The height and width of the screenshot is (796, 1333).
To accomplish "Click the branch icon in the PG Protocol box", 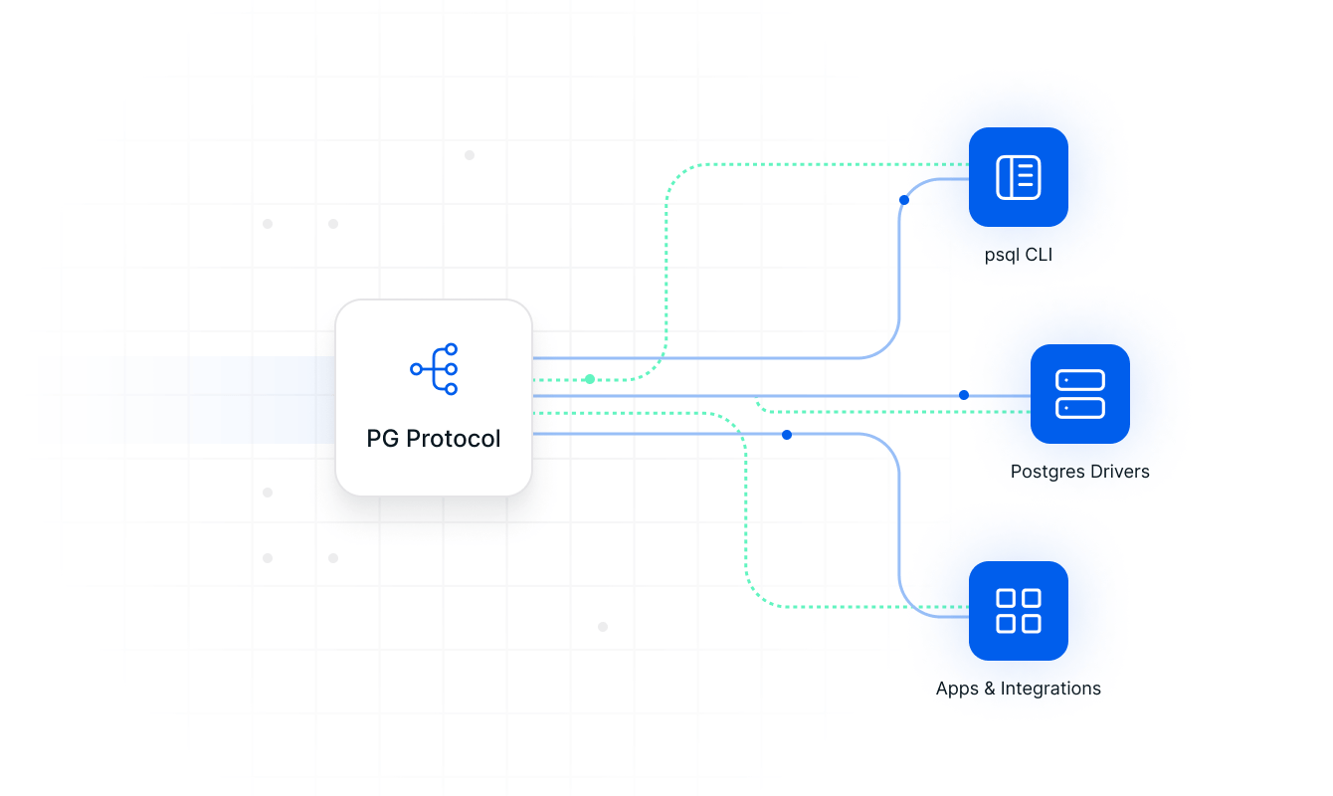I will [x=435, y=369].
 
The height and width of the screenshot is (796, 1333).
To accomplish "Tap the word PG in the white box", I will [x=383, y=439].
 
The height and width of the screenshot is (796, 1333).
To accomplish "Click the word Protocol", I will [x=454, y=439].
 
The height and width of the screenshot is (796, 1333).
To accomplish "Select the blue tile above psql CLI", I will [x=1018, y=177].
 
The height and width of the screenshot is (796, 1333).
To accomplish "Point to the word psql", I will [x=1002, y=256].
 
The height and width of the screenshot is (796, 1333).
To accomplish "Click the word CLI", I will [x=1039, y=255].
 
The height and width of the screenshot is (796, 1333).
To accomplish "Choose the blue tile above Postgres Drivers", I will [x=1079, y=394].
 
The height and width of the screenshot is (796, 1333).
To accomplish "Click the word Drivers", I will [x=1119, y=472].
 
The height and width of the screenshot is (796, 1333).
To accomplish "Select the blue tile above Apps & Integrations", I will [x=1018, y=611].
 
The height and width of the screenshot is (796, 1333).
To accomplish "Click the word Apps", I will [x=957, y=689].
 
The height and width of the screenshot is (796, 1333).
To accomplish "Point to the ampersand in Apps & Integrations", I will [x=990, y=689].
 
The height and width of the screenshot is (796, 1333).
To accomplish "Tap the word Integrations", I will [x=1050, y=689].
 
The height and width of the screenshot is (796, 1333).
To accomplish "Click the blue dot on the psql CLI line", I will [x=904, y=200].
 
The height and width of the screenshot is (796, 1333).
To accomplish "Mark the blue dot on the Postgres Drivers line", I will [x=964, y=395].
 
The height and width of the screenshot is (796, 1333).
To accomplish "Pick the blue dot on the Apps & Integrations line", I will [x=787, y=435].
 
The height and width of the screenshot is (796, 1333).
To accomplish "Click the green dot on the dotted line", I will [x=590, y=379].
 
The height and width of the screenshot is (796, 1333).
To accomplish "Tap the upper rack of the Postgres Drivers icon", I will [x=1079, y=381].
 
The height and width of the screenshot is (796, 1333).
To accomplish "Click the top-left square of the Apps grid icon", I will [x=1006, y=599].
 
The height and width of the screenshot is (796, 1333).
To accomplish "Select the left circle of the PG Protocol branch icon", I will [x=416, y=369].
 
